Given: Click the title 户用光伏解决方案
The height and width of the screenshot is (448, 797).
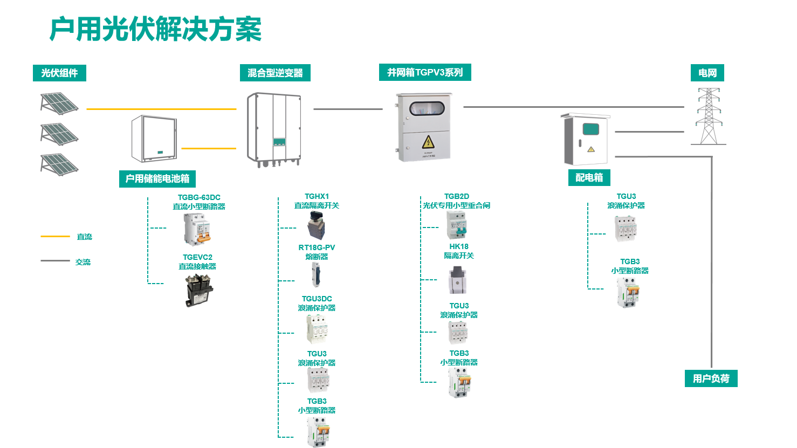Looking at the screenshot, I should [155, 29].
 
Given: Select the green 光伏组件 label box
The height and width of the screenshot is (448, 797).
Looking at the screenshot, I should [59, 73].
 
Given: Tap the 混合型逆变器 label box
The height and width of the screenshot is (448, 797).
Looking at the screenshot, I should [275, 73].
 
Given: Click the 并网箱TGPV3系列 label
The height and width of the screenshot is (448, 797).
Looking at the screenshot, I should [425, 72].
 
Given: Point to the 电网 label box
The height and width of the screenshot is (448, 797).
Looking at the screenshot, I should [707, 73].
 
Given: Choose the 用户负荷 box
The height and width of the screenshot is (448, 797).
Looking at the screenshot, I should [711, 378].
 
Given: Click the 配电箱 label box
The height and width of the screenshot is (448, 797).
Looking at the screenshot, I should [589, 177].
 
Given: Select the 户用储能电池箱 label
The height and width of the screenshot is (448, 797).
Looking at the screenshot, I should [157, 178].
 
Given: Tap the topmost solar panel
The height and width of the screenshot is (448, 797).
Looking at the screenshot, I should [59, 103].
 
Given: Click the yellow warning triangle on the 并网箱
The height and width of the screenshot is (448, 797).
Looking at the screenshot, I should [428, 142].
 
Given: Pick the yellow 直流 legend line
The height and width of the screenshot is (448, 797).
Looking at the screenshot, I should [55, 237].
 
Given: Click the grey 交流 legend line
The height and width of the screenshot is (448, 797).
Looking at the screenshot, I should [55, 261].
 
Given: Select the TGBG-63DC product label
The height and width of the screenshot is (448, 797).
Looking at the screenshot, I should [199, 202].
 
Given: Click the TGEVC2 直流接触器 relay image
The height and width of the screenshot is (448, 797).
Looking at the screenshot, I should [199, 290].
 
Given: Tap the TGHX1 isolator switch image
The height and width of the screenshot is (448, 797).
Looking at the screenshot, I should [317, 225].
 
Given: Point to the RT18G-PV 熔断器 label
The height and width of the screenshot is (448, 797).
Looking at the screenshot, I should [317, 252].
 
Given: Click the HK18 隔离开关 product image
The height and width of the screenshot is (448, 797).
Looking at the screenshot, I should [457, 280].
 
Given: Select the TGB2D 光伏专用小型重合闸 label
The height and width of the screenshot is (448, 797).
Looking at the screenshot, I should [456, 201].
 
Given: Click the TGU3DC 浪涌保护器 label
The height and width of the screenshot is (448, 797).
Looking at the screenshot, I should [317, 303].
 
